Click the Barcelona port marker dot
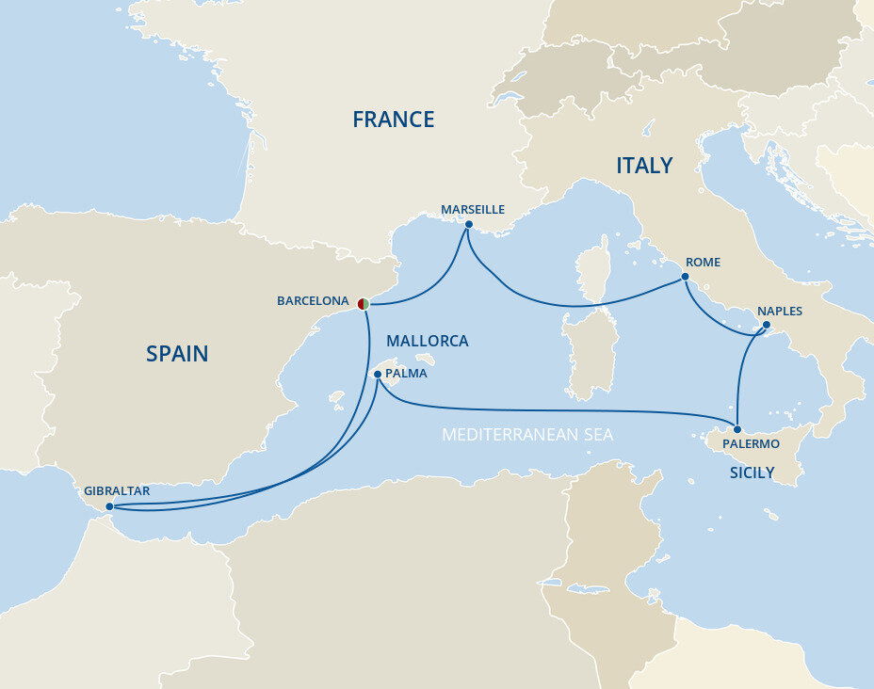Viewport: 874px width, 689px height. [x=363, y=302]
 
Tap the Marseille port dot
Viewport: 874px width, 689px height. [x=468, y=224]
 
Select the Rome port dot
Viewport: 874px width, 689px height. [x=685, y=277]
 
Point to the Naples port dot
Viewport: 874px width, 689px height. [x=765, y=327]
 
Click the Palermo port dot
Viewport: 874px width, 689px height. [x=737, y=429]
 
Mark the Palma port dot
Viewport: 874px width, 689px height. [x=378, y=374]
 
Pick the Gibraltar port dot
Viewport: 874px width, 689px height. [x=110, y=506]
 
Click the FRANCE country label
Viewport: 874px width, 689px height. [x=393, y=120]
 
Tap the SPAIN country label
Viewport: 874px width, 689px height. [x=177, y=354]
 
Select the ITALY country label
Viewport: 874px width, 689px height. [x=644, y=166]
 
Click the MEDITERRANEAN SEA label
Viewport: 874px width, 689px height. [x=527, y=435]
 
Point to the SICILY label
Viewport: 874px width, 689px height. [x=752, y=473]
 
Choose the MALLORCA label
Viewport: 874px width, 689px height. [x=428, y=341]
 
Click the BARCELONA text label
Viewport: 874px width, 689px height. [x=313, y=301]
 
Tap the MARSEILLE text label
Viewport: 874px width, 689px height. [x=473, y=209]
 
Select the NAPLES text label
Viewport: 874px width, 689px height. [x=780, y=312]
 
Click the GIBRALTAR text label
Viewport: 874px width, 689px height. [x=117, y=490]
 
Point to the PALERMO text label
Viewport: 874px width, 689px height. [x=751, y=443]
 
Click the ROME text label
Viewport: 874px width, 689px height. [x=704, y=263]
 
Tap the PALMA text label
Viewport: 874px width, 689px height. [x=407, y=373]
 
